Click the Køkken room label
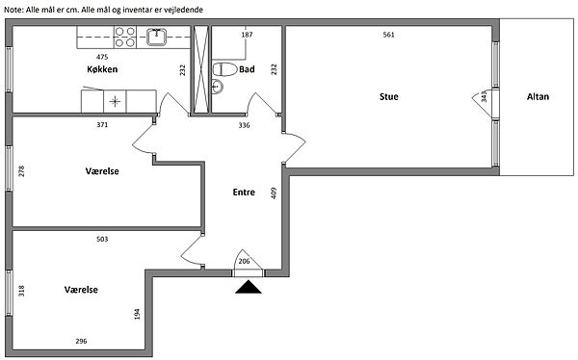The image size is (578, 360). point(102,69)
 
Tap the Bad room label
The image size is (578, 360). point(247,69)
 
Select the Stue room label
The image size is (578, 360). point(389,96)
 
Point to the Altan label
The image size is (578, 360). point(538,96)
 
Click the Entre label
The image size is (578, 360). point(244,192)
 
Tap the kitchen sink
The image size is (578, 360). point(157,37)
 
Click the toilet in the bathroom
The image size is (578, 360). point(224,69)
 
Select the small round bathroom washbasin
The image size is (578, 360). point(218,87)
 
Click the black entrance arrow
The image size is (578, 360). point(249,287)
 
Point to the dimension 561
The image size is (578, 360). point(388,35)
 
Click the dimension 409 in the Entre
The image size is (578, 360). point(274,193)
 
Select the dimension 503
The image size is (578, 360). point(102,239)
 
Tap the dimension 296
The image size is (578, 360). point(81,341)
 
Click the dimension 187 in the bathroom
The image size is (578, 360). point(247,35)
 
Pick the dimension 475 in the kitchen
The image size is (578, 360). point(102,57)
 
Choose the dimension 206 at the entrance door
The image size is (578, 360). point(244,261)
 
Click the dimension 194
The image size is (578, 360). point(137,314)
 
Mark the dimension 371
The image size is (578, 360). point(102,125)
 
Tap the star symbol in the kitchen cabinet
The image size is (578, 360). point(115,101)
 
